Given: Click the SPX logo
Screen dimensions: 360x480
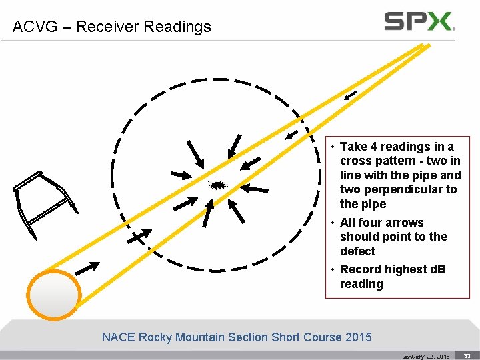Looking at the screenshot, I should [x=419, y=21].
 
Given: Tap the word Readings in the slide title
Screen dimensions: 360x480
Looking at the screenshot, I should [x=178, y=27].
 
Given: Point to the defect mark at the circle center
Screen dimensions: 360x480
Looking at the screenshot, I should [x=217, y=185].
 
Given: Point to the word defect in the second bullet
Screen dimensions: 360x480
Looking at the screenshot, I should [x=358, y=251].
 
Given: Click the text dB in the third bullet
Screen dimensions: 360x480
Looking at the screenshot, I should [x=437, y=269].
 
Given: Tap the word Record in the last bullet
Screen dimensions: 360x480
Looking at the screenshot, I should [x=360, y=269].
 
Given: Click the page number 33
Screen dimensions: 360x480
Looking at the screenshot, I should [x=467, y=356].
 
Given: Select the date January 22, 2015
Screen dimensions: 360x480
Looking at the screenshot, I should [x=426, y=357].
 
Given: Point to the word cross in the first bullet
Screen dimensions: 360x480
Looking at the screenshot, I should [x=355, y=161].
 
